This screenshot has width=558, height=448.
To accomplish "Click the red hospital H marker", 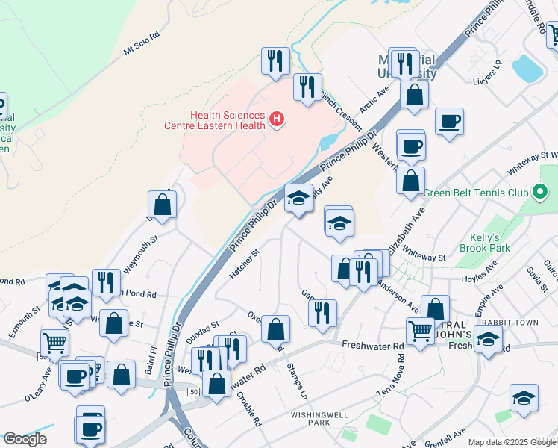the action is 278,119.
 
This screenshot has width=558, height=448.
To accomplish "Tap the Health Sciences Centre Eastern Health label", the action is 215,120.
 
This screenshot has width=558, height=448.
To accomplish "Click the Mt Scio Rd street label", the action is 142,45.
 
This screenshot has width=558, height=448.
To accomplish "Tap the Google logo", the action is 25,439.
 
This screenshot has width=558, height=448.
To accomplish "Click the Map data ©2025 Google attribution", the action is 512,442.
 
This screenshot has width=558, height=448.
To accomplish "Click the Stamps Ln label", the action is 297,379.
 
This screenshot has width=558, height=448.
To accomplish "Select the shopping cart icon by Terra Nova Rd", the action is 421,329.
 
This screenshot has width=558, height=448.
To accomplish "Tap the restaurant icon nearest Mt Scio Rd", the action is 275,60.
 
